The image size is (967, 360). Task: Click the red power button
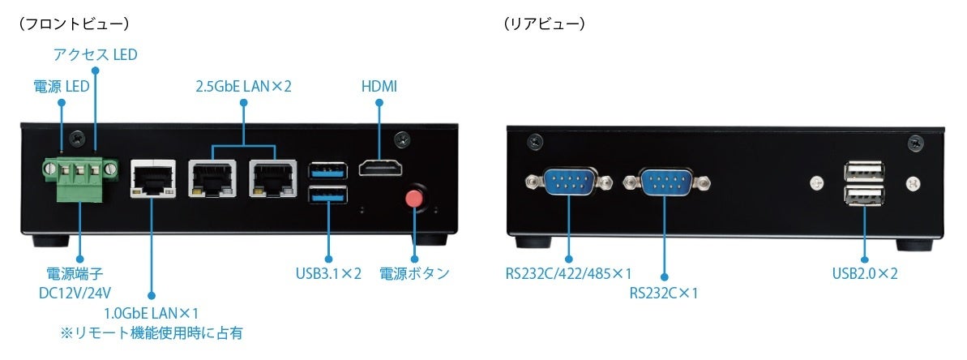tap(415, 200)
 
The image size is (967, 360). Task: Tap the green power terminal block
tap(79, 172)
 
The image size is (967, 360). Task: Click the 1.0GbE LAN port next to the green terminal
tap(152, 178)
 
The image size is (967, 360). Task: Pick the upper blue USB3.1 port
tap(327, 170)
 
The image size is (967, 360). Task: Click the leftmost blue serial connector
tap(567, 181)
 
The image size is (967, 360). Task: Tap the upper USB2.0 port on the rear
tap(862, 172)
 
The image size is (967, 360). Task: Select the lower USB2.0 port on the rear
tap(862, 196)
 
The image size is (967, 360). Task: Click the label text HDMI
tap(379, 86)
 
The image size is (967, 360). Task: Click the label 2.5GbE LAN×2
tap(243, 86)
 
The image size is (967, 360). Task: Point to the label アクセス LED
tap(95, 55)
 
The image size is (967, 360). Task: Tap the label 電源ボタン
tap(414, 273)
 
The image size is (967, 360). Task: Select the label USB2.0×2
tap(865, 273)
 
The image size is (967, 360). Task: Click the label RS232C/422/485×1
tap(568, 273)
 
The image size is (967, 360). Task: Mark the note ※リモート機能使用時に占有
tap(150, 333)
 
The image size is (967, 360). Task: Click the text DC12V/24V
tap(75, 292)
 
